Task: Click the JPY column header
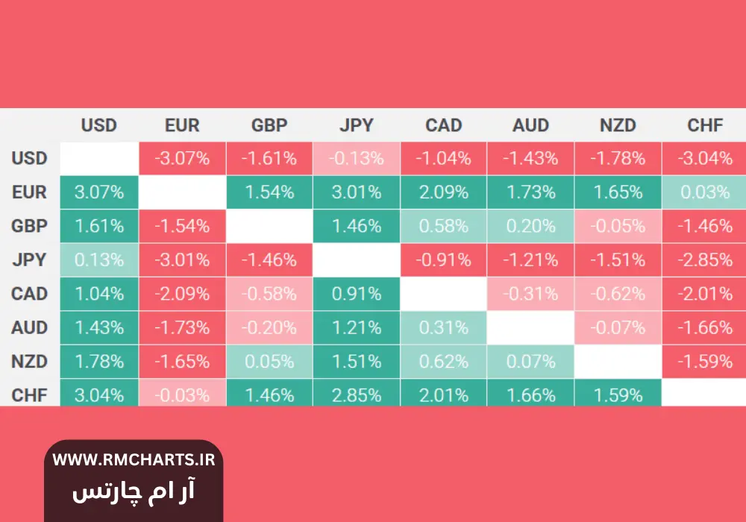point(357,125)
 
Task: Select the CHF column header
point(705,125)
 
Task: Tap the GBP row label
point(29,226)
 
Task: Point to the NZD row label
point(29,362)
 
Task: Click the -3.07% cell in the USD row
point(182,158)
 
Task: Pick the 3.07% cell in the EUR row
point(98,192)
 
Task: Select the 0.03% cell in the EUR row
point(705,192)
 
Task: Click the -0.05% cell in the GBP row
point(618,226)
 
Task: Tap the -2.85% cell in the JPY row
point(705,260)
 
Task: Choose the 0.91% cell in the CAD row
point(357,294)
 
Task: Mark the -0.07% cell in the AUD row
point(618,327)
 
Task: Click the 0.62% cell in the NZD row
point(444,362)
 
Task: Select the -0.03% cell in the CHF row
point(182,394)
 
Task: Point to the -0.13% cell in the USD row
point(357,158)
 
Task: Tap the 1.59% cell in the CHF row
point(618,394)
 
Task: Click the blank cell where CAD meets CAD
point(444,294)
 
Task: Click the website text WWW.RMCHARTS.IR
point(134,460)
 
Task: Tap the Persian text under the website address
point(134,491)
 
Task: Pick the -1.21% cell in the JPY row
point(530,260)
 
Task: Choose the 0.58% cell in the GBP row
point(444,226)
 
